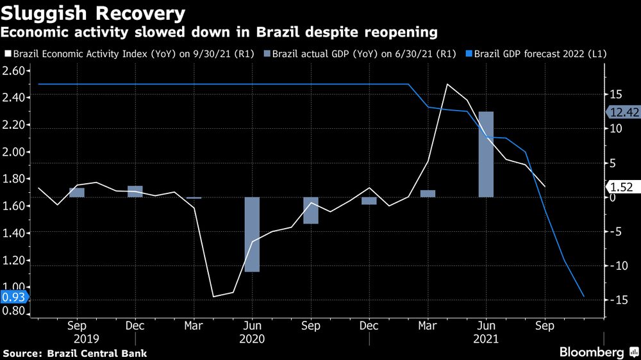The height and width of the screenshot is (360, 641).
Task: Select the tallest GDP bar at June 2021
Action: point(486,154)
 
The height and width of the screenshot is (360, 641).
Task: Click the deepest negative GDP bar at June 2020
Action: point(252,234)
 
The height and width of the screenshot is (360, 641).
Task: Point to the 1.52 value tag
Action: point(621,187)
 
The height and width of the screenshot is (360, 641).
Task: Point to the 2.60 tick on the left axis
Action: point(14,70)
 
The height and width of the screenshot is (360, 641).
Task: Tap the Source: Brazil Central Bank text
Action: point(74,353)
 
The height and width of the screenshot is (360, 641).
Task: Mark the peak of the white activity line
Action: point(447,85)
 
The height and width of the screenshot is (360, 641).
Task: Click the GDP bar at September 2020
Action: point(311,210)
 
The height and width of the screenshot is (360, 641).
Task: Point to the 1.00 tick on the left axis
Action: point(14,288)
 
